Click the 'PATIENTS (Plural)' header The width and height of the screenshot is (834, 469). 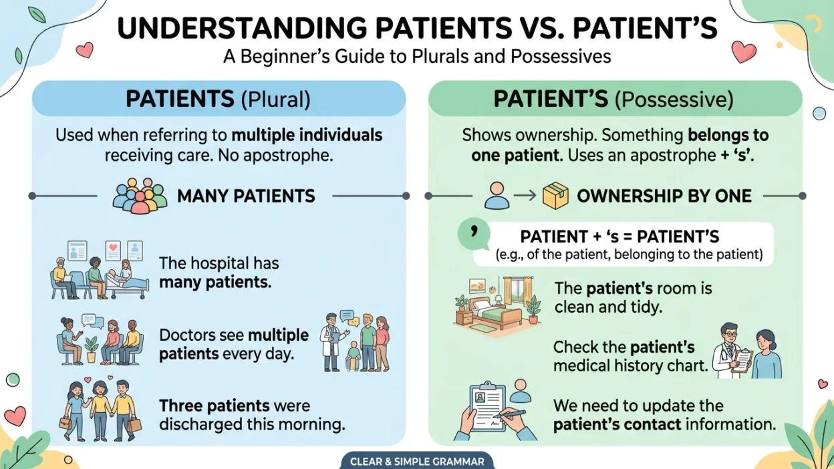point(218,99)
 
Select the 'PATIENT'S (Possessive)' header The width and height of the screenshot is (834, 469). point(613,99)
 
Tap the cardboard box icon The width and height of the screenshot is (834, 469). point(555,196)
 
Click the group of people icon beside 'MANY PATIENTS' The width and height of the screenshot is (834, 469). point(139,196)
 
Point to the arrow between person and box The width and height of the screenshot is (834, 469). point(525,196)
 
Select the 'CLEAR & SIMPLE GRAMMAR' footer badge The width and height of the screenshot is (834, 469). point(417,461)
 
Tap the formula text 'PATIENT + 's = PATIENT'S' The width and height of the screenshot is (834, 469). point(619,237)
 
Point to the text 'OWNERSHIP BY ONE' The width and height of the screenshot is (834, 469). point(664,196)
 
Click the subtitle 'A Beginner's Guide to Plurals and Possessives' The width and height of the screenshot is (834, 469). point(417,56)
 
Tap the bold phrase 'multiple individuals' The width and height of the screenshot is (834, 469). point(307,135)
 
